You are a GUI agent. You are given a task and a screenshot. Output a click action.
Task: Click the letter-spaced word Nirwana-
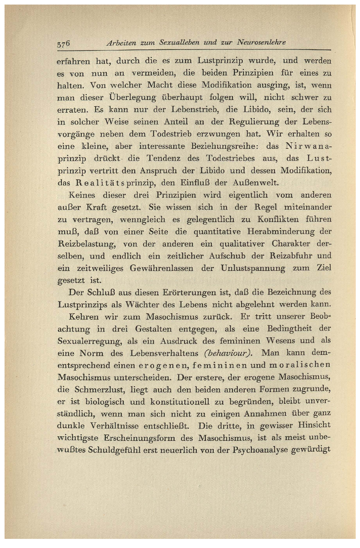[309, 146]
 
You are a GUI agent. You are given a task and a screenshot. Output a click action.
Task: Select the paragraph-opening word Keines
[82, 195]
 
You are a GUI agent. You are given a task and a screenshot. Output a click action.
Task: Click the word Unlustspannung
[252, 268]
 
